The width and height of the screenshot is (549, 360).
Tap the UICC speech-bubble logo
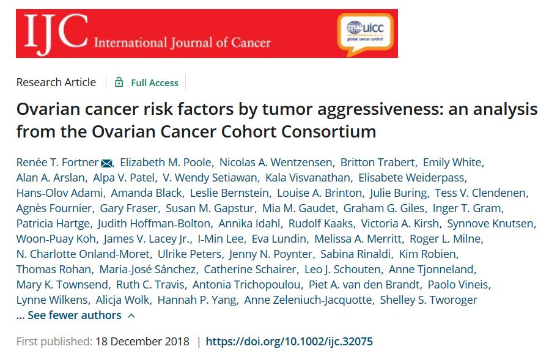click(365, 31)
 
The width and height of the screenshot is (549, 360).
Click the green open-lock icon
click(119, 83)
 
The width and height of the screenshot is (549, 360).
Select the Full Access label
click(154, 83)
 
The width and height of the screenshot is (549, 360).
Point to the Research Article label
click(56, 82)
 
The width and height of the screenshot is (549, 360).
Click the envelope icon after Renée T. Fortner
click(106, 163)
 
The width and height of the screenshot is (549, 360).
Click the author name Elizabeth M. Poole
click(166, 162)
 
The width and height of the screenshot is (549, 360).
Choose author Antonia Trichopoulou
click(247, 284)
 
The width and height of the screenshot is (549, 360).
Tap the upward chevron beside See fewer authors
click(131, 315)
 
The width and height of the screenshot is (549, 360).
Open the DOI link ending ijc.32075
click(289, 341)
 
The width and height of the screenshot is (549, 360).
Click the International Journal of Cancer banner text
click(182, 43)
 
